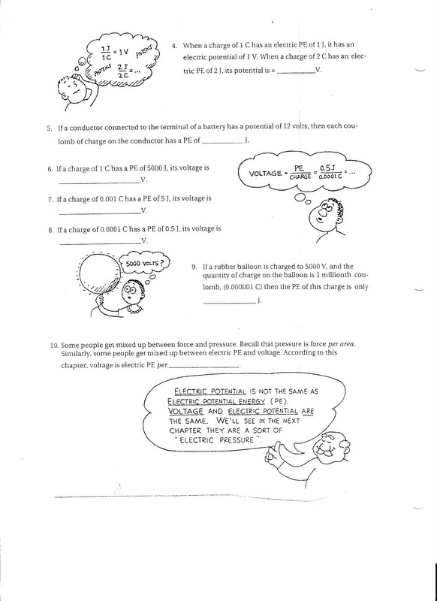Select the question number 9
click(194, 266)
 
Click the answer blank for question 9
click(230, 301)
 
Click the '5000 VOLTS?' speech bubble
click(144, 264)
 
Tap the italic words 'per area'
click(370, 345)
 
